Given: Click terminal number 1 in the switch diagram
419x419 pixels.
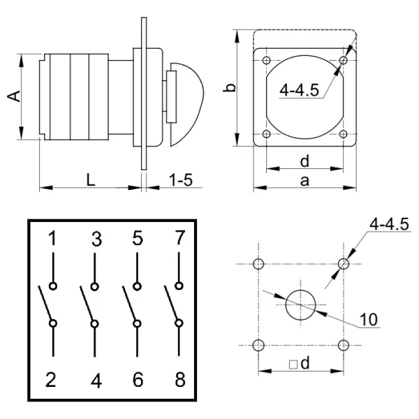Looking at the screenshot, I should coord(53,240).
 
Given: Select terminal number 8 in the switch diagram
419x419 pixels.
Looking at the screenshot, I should coord(179,381).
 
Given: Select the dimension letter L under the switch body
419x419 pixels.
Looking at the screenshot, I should coord(91,179).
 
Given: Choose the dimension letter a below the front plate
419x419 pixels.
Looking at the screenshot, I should coord(304,181).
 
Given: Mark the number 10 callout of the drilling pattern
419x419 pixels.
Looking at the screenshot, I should coord(369,320).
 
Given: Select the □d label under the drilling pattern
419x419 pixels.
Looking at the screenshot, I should coord(300,365).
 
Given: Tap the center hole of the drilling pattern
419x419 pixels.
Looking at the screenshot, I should coord(301,304).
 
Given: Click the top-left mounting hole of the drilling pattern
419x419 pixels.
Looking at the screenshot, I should coord(259,264).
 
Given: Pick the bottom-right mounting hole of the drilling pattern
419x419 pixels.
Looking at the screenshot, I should coord(343,345).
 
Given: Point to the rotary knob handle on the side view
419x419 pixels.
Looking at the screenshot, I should coord(189,103).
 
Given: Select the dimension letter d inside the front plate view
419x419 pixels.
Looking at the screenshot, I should coord(304,161).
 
